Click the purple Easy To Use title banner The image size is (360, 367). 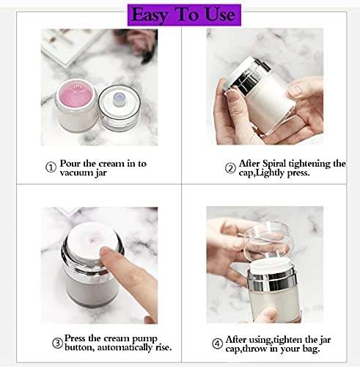(x=184, y=15)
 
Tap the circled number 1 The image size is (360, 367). (x=51, y=167)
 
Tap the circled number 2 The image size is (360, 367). (x=230, y=168)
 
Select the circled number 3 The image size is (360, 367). (x=58, y=343)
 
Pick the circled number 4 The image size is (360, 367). (x=217, y=344)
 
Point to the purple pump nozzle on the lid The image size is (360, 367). (x=119, y=99)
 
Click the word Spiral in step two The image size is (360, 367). (x=274, y=164)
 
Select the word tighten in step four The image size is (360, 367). (x=287, y=340)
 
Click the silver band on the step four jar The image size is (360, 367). (x=272, y=282)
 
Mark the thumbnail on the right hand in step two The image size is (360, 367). (x=295, y=90)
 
